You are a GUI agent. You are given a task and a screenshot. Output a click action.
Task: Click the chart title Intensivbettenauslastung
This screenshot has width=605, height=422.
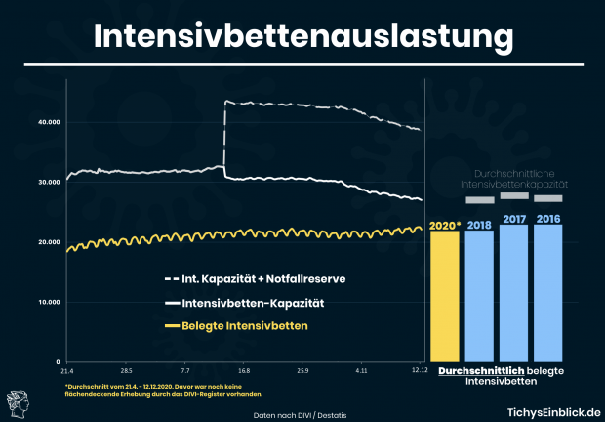[x=302, y=36]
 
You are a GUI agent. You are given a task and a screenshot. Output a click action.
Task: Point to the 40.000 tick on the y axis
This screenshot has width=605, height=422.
[x=48, y=122]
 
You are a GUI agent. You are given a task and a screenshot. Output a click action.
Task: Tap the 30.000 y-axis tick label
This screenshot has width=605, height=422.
[x=48, y=183]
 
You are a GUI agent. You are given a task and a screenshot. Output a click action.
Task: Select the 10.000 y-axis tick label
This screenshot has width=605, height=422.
[x=48, y=302]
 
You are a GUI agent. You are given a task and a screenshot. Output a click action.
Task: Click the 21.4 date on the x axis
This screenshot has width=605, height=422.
[x=66, y=371]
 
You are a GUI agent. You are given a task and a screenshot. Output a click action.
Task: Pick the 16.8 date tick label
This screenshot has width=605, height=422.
[x=244, y=371]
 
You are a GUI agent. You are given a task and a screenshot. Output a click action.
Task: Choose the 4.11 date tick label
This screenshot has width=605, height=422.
[x=362, y=371]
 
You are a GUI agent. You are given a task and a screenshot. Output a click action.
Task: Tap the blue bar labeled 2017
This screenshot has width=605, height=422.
[x=513, y=292]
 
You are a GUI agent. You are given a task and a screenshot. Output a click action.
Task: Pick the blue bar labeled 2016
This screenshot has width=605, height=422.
[x=547, y=292]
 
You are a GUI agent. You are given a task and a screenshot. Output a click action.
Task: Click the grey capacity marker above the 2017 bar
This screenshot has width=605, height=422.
[x=513, y=195]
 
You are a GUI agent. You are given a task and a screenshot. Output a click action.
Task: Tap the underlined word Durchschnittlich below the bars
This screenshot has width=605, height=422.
[x=482, y=372]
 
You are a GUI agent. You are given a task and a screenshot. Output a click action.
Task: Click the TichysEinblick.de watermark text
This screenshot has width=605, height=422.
[x=547, y=413]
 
